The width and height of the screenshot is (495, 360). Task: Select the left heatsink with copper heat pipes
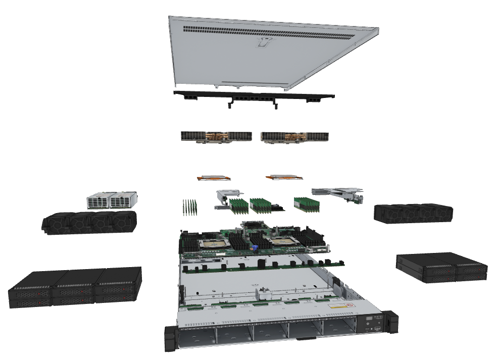click(216, 137)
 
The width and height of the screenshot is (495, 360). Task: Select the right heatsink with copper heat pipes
click(295, 137)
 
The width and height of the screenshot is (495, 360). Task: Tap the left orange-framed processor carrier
click(213, 177)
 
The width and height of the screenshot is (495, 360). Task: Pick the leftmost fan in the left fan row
click(56, 224)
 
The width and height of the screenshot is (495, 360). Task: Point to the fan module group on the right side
click(413, 213)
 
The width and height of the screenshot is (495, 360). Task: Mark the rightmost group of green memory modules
click(307, 203)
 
